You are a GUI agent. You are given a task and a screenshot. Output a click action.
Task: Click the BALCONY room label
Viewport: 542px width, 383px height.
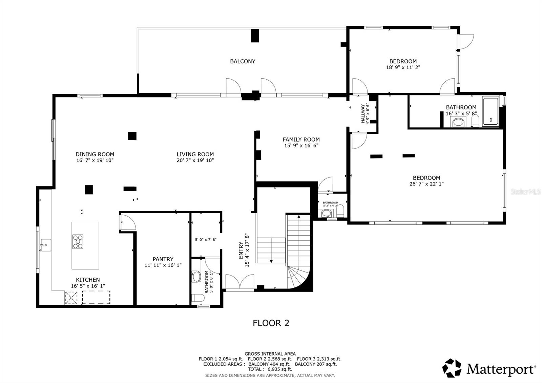pyautogui.click(x=243, y=61)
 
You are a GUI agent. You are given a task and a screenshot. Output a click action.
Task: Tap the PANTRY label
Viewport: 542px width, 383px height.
pyautogui.click(x=163, y=259)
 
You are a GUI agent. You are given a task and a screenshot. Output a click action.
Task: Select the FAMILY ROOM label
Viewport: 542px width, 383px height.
pyautogui.click(x=301, y=139)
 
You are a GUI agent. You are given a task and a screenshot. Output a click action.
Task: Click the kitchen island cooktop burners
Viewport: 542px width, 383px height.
pyautogui.click(x=78, y=242)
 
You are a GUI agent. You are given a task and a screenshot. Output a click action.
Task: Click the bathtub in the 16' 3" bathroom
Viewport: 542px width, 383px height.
pyautogui.click(x=491, y=112)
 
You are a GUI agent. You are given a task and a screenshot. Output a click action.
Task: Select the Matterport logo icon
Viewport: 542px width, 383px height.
pyautogui.click(x=452, y=368)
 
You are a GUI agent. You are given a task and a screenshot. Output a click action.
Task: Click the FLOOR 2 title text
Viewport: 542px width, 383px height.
pyautogui.click(x=271, y=323)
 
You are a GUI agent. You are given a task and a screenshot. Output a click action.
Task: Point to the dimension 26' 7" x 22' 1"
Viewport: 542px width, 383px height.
pyautogui.click(x=426, y=184)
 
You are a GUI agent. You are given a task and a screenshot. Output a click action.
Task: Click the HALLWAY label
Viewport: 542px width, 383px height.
pyautogui.click(x=363, y=114)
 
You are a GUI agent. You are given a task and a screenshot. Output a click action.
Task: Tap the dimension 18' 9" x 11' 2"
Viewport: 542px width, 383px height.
pyautogui.click(x=403, y=67)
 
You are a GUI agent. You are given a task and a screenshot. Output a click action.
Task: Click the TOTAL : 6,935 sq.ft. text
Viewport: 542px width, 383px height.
pyautogui.click(x=270, y=369)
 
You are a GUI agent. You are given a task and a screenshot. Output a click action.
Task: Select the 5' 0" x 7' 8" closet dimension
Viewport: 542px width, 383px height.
pyautogui.click(x=206, y=240)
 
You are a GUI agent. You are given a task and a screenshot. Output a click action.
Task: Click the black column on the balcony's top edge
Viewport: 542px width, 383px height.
pyautogui.click(x=255, y=36)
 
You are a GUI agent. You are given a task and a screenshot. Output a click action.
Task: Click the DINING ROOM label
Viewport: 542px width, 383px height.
pyautogui.click(x=95, y=154)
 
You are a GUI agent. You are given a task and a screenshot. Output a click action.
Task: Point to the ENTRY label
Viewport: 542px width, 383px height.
pyautogui.click(x=241, y=250)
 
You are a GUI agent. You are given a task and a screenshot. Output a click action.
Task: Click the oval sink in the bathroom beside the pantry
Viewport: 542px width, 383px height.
pyautogui.click(x=196, y=277)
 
